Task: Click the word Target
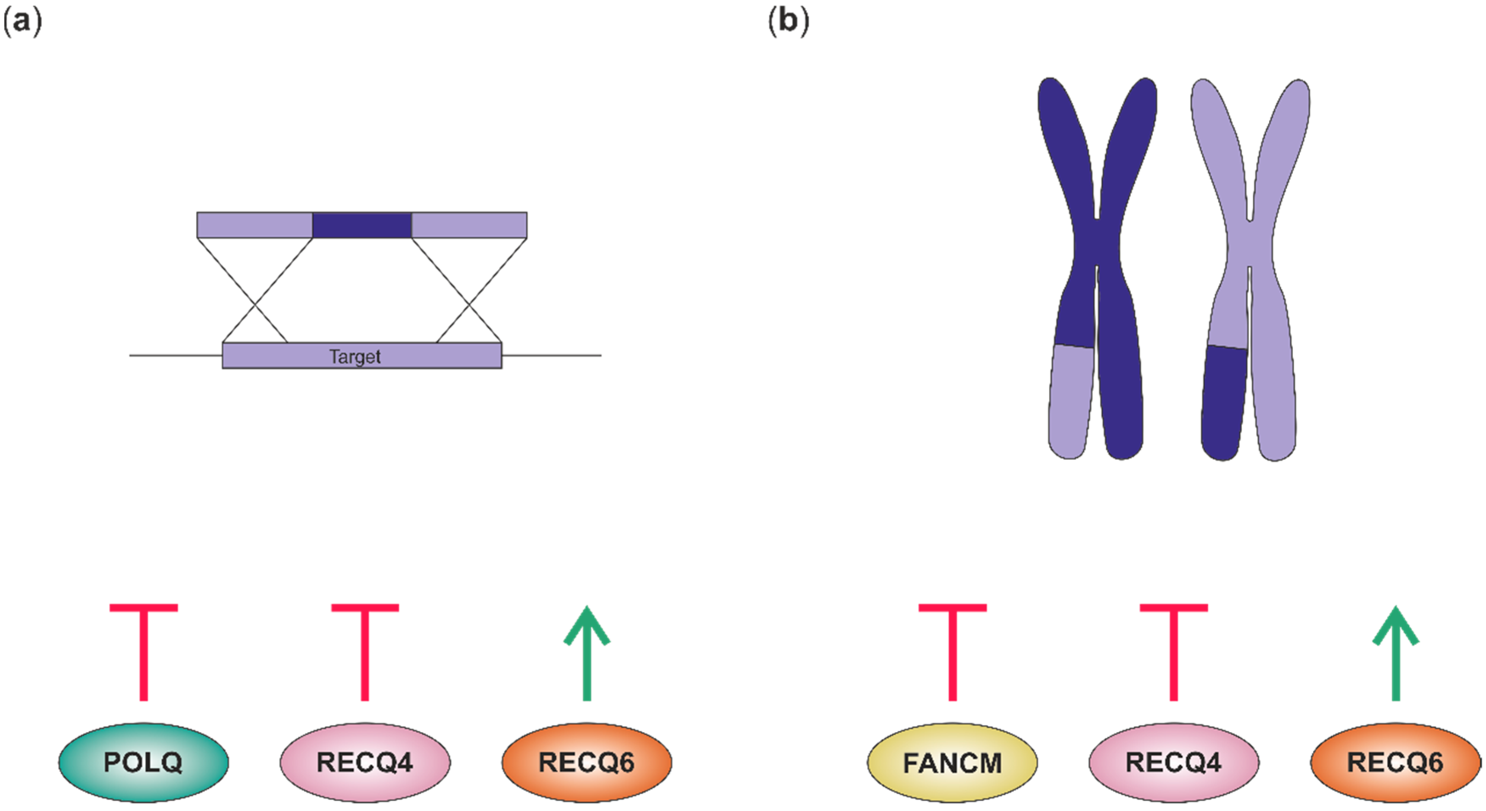355,356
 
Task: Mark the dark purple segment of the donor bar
362,225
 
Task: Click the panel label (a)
22,22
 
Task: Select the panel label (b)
788,22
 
